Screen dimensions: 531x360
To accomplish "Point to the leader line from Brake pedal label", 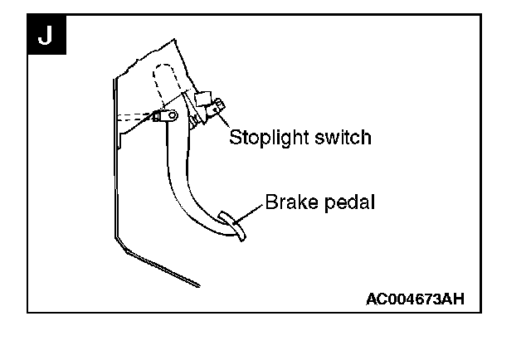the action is click(250, 211).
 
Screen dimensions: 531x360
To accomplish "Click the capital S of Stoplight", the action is click(235, 137).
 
